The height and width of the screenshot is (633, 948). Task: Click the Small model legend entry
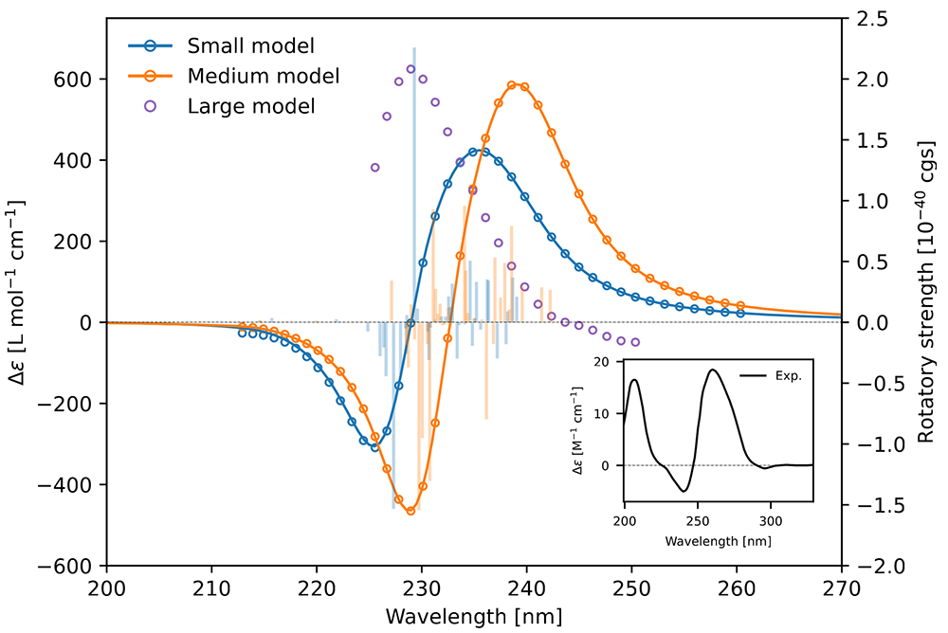250,45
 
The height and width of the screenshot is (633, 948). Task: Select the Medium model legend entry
264,74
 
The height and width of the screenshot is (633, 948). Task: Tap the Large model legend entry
250,105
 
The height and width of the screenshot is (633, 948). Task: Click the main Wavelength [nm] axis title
473,617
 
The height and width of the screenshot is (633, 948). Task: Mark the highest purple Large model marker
410,69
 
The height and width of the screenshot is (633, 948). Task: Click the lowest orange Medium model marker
410,511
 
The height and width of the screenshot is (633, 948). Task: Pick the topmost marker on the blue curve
473,152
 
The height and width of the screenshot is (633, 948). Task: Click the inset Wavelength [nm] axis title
718,541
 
